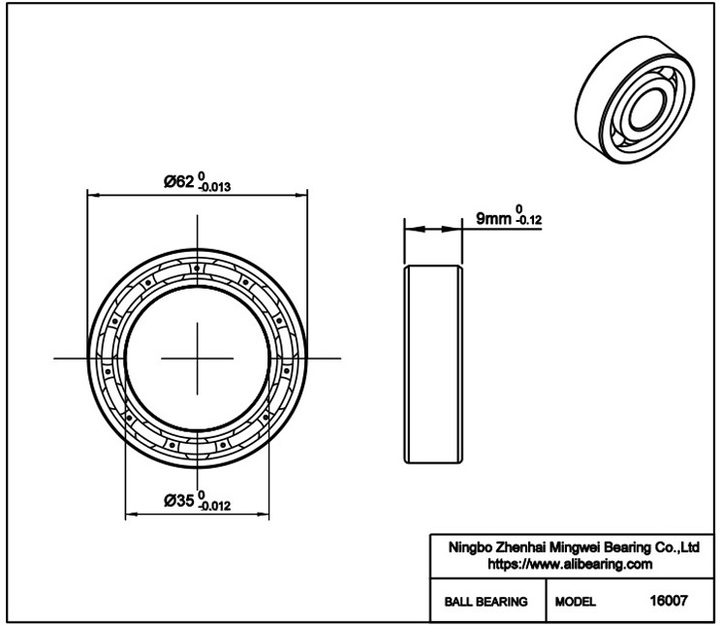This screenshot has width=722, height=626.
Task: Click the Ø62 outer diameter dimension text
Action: coord(179,182)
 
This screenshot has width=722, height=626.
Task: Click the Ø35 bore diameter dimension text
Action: coord(179,500)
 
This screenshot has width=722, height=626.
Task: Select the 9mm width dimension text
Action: coord(493,218)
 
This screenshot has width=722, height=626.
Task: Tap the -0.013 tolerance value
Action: coord(214,187)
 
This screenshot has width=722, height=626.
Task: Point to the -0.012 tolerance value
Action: coord(214,506)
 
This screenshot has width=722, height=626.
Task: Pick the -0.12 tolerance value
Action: coord(529,221)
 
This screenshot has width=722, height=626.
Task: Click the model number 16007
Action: coord(669,600)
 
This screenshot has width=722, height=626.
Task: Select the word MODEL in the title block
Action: coord(575,602)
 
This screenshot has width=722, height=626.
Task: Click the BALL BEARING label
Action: coord(486,602)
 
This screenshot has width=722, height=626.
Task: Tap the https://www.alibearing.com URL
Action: coord(570,564)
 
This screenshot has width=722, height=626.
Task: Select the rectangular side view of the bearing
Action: coord(433,364)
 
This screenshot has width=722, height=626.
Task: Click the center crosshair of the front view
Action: coord(197,359)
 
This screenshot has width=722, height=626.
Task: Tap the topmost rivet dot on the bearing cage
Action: coord(197,267)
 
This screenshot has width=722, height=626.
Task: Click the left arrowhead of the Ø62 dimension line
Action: coord(93,195)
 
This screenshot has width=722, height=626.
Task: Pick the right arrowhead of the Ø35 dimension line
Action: coord(263,515)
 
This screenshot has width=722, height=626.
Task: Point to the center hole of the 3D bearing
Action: coord(647,110)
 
